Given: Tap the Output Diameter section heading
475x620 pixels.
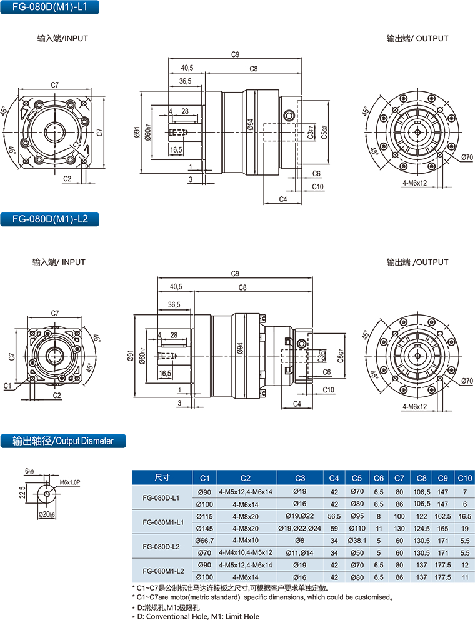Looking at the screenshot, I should point(62,441).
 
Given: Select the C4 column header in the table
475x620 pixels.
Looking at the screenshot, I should point(334,478).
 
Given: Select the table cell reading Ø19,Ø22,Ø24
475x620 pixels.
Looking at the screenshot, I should point(299,528).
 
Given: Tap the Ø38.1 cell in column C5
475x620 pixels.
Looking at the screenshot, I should point(357,540).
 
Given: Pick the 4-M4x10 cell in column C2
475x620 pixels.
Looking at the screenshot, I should point(246,540).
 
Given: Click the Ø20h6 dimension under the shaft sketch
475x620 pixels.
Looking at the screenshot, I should point(47,514).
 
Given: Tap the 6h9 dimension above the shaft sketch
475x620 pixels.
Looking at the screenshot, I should point(29,470).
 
